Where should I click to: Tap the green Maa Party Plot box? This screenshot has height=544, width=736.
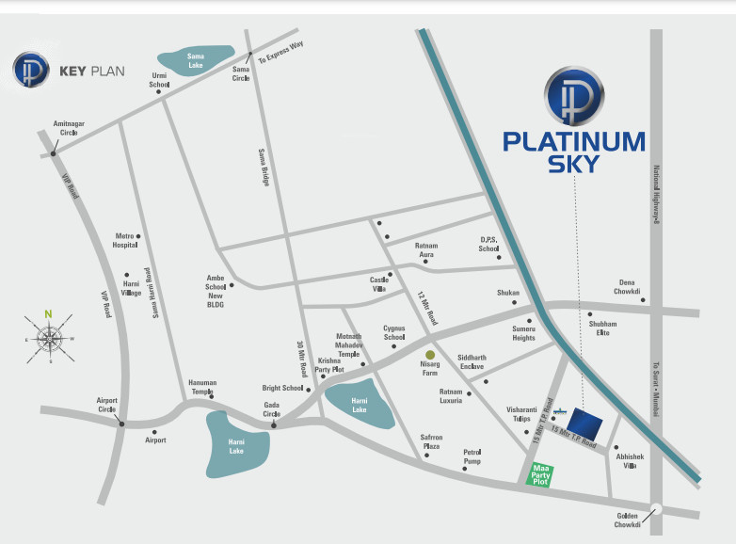(x=540, y=473)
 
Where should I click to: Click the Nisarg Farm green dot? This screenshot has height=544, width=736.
(x=430, y=355)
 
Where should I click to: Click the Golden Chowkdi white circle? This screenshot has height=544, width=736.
(x=656, y=508)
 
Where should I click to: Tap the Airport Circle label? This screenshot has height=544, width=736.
(x=107, y=406)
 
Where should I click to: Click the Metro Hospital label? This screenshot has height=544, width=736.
(x=125, y=240)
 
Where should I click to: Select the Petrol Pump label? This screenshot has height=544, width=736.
(x=472, y=456)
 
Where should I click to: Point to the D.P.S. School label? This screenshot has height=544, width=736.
(x=488, y=245)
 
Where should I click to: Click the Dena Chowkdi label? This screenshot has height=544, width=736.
(x=629, y=286)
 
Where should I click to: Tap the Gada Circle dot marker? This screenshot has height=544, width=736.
(x=273, y=426)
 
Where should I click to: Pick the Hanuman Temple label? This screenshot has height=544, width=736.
(x=202, y=387)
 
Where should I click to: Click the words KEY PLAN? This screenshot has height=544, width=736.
(x=91, y=71)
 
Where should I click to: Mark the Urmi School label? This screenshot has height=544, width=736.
(x=159, y=80)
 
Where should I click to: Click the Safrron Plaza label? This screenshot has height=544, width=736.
(x=431, y=441)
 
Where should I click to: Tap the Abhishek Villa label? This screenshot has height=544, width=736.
(x=630, y=461)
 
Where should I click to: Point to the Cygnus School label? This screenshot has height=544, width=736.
(x=393, y=332)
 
